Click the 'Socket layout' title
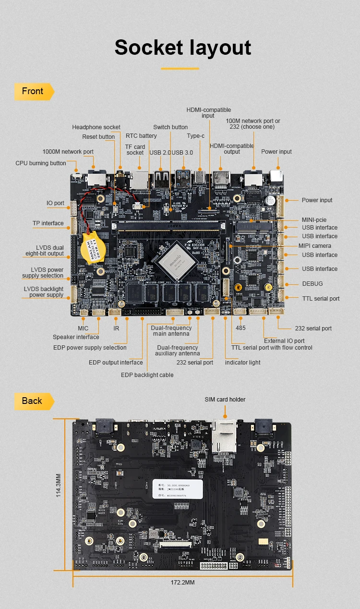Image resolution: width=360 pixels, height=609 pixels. click(183, 48)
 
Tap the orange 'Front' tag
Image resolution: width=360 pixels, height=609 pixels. click(33, 91)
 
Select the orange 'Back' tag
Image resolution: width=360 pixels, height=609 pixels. click(32, 401)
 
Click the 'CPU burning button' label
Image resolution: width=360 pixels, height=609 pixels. click(41, 163)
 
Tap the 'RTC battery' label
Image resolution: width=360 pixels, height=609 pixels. click(141, 136)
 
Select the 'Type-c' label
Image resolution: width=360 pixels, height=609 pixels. click(196, 136)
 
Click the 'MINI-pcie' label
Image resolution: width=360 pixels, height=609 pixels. click(314, 219)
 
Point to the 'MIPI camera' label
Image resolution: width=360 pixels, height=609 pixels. click(315, 246)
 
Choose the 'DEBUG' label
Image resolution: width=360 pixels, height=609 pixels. click(312, 284)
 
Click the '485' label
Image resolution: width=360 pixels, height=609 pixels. click(240, 328)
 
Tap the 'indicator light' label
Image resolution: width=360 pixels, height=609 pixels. click(243, 362)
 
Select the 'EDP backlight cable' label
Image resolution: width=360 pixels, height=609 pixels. click(147, 375)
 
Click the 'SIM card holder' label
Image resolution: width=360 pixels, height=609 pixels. click(225, 399)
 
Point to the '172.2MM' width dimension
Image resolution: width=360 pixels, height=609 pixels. click(182, 583)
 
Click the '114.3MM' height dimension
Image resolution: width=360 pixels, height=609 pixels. click(59, 485)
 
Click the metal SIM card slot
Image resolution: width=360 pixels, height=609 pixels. click(224, 436)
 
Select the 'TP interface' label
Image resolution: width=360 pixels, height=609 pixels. click(48, 223)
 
